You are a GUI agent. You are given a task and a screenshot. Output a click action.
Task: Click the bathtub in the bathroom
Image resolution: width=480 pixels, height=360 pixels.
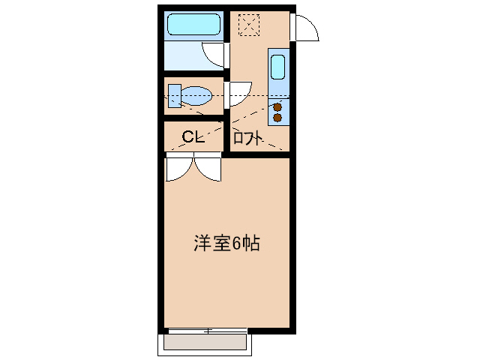pos(193,25)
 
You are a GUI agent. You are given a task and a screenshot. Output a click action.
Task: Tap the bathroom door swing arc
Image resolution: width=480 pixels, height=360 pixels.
pos(214,54)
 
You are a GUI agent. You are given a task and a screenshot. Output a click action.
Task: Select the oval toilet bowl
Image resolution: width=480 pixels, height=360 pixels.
pos(196,96)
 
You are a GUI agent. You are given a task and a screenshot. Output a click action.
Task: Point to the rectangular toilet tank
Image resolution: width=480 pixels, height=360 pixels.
pos(174,96)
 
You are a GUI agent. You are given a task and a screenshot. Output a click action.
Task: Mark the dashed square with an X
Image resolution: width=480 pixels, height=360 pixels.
pos(247,24)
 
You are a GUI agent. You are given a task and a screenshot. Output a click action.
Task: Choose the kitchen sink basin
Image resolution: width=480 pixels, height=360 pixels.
pos(277,68)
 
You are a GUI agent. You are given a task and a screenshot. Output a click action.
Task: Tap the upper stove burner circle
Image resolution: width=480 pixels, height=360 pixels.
pos(277,107)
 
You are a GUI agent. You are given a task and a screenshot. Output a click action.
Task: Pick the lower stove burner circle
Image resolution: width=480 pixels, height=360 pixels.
pos(277,118)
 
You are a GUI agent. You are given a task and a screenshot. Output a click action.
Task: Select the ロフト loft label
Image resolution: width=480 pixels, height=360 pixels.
pos(247,138)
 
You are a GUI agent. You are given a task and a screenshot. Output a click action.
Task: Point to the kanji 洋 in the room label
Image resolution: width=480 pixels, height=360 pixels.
pos(202,244)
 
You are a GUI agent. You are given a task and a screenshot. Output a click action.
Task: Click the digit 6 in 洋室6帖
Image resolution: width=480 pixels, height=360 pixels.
pos(236,244)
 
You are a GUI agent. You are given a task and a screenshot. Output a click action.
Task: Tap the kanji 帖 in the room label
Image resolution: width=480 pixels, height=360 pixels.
pos(251,244)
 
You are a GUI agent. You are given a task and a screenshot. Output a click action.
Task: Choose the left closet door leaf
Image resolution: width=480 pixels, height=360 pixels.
pos(178,169)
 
